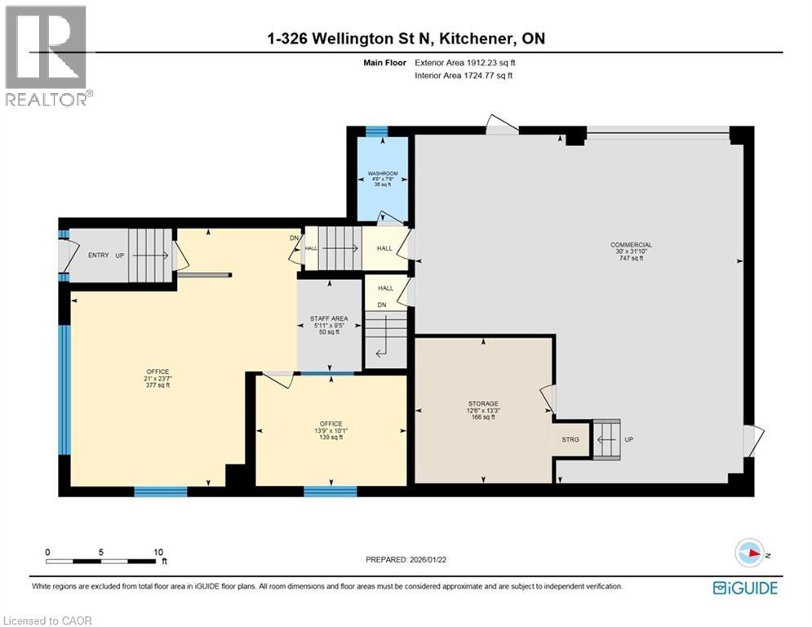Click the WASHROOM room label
382,174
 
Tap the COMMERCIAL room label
631,245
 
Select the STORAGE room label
482,403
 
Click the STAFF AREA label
329,319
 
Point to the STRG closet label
570,439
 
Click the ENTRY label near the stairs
99,256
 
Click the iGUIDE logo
744,588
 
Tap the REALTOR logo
47,56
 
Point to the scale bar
104,560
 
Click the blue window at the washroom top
376,131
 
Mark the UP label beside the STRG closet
628,439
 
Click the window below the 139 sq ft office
330,491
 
